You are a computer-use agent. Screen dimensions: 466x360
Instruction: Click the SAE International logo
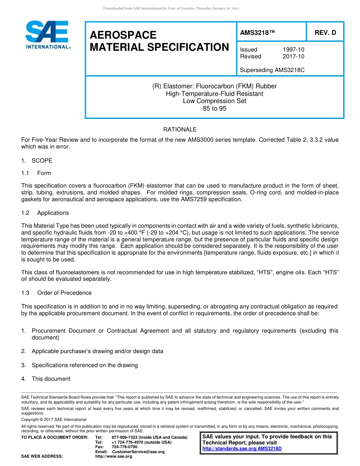(x=47, y=35)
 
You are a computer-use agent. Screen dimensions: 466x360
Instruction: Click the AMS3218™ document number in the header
(x=257, y=33)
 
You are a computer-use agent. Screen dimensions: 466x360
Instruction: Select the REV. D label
(x=325, y=33)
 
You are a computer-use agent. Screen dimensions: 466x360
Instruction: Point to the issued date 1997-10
(x=293, y=50)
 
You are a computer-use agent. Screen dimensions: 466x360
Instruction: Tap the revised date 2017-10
(x=293, y=56)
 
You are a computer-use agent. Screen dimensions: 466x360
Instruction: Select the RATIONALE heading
(x=180, y=130)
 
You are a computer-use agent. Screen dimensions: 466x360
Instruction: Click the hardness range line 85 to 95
(x=214, y=108)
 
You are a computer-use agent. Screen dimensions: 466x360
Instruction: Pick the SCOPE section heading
(x=42, y=161)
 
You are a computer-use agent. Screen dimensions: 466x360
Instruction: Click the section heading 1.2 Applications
(x=53, y=213)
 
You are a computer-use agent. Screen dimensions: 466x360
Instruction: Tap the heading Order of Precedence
(x=64, y=293)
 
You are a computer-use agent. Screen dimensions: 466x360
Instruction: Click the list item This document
(x=51, y=379)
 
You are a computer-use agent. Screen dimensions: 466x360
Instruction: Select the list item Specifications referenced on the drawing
(x=85, y=365)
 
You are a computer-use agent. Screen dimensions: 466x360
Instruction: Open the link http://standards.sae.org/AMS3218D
(x=242, y=449)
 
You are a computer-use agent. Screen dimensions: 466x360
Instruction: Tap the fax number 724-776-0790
(x=124, y=447)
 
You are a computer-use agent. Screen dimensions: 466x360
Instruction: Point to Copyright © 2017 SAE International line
(x=54, y=419)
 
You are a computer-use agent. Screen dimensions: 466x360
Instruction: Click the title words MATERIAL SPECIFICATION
(x=159, y=47)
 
